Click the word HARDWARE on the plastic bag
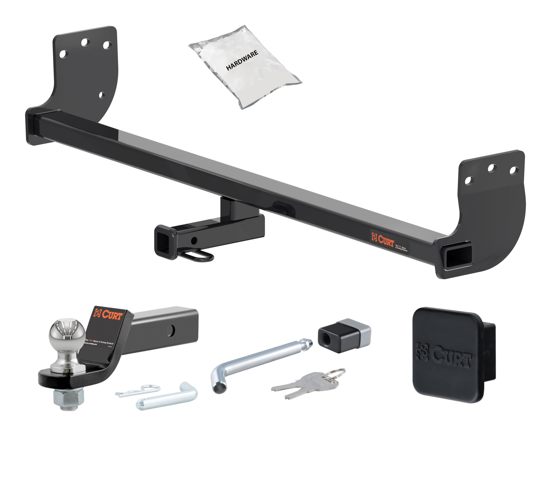click(242, 60)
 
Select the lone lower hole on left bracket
click(101, 95)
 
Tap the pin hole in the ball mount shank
click(171, 330)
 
